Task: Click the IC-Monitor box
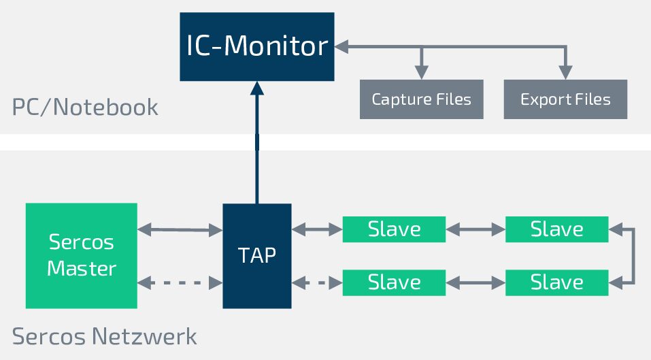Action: (x=257, y=47)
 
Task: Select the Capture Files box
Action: (x=421, y=99)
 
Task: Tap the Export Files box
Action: (x=565, y=99)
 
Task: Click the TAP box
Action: (x=257, y=255)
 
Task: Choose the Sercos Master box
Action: (x=81, y=255)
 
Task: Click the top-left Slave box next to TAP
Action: (x=394, y=229)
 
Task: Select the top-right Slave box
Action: (x=556, y=229)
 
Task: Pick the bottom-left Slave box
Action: (x=394, y=282)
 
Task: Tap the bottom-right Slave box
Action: (x=556, y=282)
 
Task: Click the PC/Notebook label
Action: (x=85, y=107)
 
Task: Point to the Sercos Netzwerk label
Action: (x=105, y=336)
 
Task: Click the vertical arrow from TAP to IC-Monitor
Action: (x=256, y=143)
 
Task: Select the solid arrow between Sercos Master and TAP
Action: (x=180, y=230)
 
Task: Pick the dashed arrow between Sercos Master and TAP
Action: (x=180, y=282)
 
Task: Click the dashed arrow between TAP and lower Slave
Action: (x=317, y=282)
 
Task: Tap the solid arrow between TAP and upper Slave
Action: (x=317, y=230)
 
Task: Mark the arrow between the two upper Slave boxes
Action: (x=475, y=230)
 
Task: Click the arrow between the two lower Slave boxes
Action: (x=475, y=282)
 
